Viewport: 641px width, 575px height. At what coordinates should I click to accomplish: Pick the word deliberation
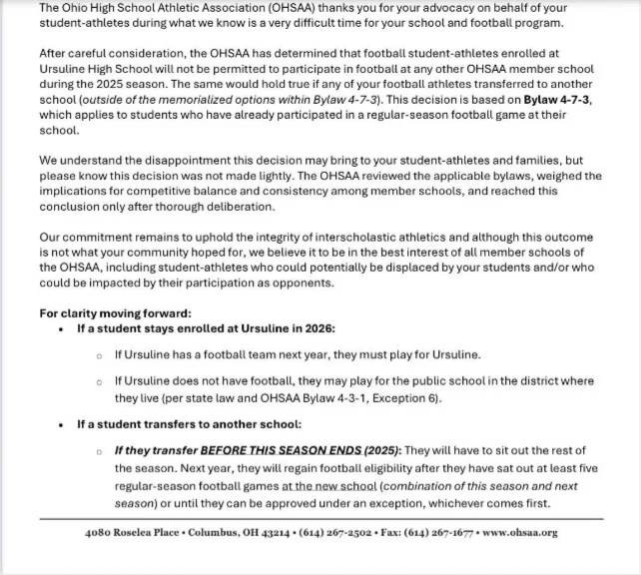tap(233, 208)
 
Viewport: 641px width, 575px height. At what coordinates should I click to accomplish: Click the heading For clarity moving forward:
tap(102, 313)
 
